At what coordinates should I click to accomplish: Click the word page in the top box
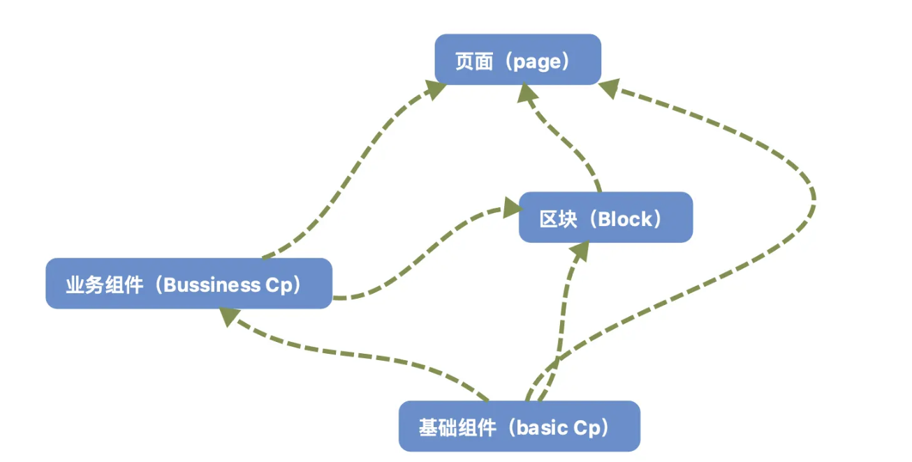click(537, 62)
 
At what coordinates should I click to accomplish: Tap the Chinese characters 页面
click(474, 61)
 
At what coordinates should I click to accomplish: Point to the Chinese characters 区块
click(559, 219)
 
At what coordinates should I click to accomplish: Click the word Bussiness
click(212, 285)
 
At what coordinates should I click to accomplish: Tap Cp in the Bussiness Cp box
click(279, 285)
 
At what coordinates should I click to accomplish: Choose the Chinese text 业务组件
click(105, 285)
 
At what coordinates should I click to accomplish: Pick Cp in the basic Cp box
click(587, 429)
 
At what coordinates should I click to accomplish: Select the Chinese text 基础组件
click(457, 428)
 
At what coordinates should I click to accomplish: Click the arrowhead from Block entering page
click(527, 93)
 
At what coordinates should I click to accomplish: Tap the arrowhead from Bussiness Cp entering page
click(436, 89)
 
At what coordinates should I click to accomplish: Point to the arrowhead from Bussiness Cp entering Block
click(512, 207)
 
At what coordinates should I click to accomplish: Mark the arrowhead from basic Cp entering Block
click(580, 251)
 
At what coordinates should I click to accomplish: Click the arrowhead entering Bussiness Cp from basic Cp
click(229, 317)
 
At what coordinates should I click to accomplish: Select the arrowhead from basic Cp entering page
click(610, 88)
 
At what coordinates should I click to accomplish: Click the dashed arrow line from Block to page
click(564, 140)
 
